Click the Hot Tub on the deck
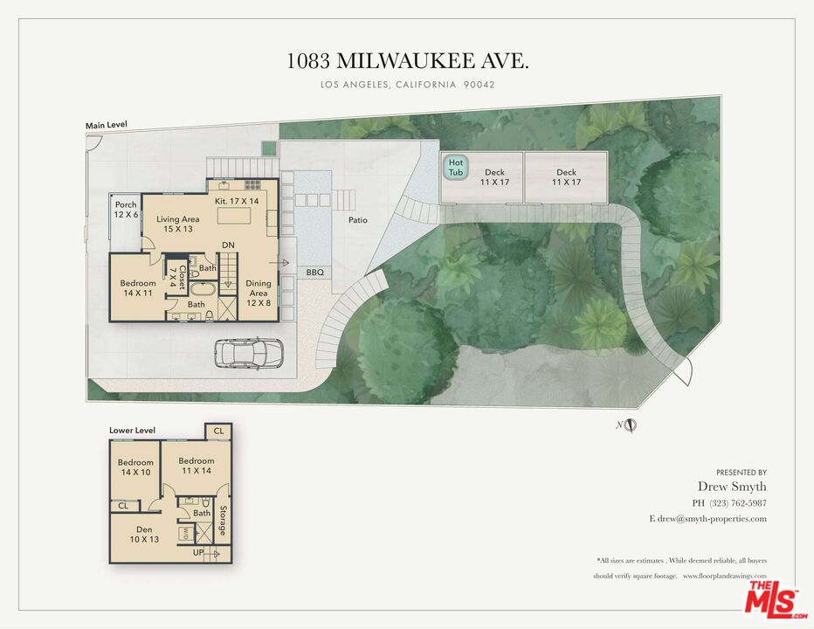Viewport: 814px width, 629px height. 456,167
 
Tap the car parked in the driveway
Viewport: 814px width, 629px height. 249,352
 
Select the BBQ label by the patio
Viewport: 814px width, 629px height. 314,273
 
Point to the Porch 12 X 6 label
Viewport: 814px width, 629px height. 126,211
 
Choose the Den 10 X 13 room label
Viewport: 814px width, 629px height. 145,535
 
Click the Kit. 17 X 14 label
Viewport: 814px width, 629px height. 236,200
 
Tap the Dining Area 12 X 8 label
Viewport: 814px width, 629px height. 259,288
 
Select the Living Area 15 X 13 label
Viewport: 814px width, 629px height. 178,225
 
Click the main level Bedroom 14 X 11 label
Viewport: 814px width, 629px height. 138,288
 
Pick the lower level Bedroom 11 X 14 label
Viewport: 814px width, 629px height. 197,466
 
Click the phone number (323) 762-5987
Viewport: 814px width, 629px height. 730,502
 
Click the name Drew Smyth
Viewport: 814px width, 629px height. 732,487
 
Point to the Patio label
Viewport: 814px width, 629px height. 357,220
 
